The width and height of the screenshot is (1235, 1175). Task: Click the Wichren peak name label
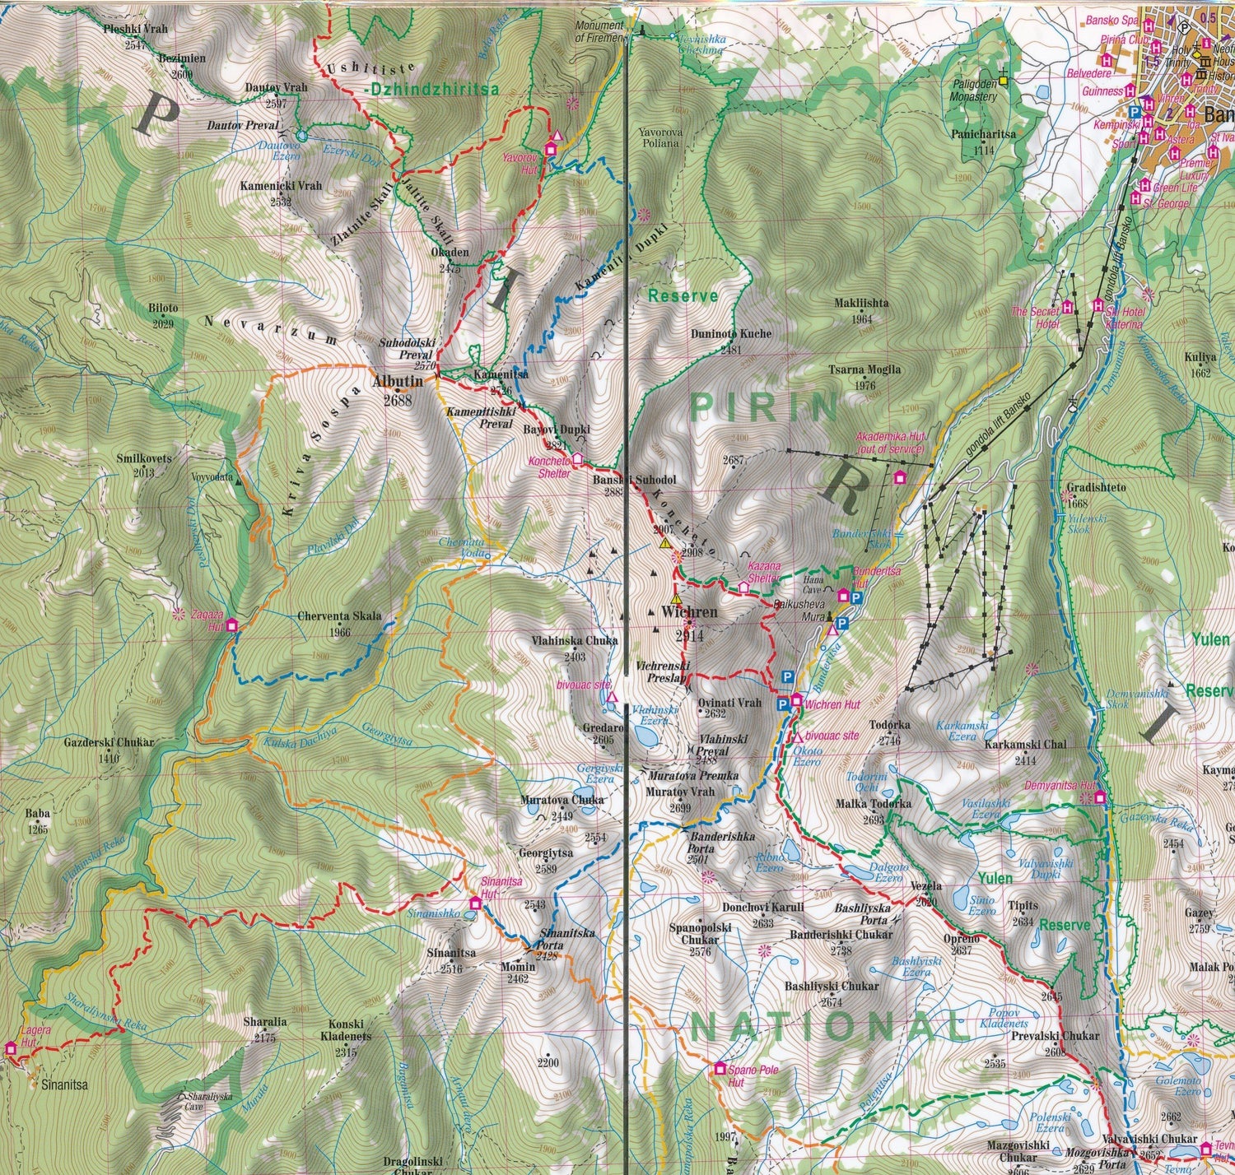point(690,613)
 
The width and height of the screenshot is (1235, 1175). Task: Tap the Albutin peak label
point(397,382)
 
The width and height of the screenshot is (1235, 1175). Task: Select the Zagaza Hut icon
point(231,625)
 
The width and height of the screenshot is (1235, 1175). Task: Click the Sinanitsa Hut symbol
point(474,903)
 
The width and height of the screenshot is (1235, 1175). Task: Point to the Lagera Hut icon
point(11,1048)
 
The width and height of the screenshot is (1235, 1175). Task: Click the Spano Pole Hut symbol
point(720,1069)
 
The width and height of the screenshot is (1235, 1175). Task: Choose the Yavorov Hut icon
point(551,149)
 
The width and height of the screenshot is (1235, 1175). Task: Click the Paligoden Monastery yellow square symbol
point(1003,81)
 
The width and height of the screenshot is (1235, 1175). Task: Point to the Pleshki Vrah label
point(136,29)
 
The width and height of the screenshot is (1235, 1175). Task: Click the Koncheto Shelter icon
point(577,457)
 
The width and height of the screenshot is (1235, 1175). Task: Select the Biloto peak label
point(163,309)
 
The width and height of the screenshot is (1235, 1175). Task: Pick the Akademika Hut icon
point(900,477)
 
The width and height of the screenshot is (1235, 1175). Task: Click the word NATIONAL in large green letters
point(826,1027)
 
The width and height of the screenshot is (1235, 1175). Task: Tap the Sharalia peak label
point(265,1022)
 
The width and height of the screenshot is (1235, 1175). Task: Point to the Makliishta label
point(861,303)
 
